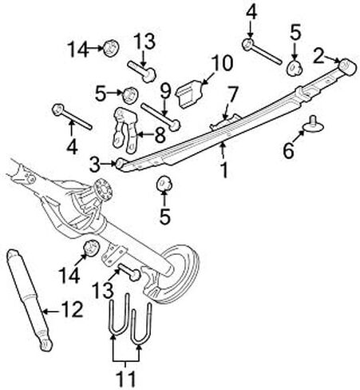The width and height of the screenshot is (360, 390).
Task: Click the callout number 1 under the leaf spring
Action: pyautogui.click(x=224, y=169)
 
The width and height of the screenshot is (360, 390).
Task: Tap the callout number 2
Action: pyautogui.click(x=318, y=56)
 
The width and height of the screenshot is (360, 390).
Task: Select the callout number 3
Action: pyautogui.click(x=96, y=164)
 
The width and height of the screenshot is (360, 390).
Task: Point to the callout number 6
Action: pyautogui.click(x=289, y=150)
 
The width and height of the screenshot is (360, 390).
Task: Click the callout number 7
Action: pyautogui.click(x=233, y=94)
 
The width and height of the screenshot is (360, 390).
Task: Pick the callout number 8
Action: pyautogui.click(x=160, y=135)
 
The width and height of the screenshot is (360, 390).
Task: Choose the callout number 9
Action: pyautogui.click(x=165, y=91)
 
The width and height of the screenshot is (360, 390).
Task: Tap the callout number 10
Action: pyautogui.click(x=223, y=63)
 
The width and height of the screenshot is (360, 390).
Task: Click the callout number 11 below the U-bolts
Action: pyautogui.click(x=126, y=379)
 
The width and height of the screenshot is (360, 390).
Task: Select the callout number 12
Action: pyautogui.click(x=72, y=310)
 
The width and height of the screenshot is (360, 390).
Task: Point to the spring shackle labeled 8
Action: pyautogui.click(x=125, y=130)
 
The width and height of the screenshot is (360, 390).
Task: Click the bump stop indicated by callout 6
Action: pyautogui.click(x=314, y=127)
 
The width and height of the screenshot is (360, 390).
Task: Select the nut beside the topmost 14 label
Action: pyautogui.click(x=111, y=48)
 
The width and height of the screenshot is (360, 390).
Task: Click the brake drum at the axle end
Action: pyautogui.click(x=174, y=274)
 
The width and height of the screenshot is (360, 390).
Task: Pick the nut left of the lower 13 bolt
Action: pyautogui.click(x=92, y=248)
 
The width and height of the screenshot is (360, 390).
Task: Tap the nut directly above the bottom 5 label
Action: pyautogui.click(x=164, y=184)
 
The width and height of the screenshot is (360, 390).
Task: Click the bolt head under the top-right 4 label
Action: pyautogui.click(x=248, y=44)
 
